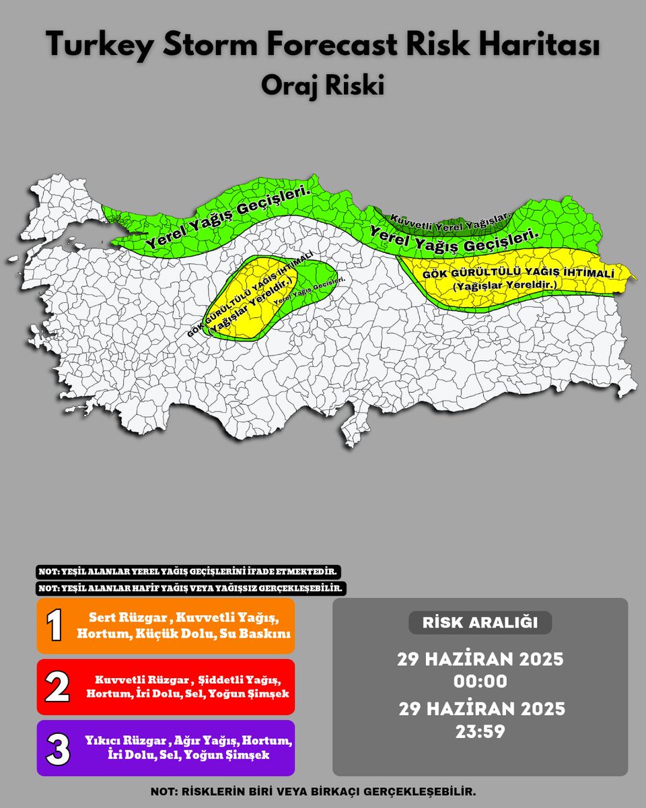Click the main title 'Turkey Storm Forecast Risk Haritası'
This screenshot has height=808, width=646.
tap(323, 46)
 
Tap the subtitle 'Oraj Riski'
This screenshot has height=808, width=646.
tap(323, 86)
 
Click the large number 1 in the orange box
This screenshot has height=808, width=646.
tap(55, 626)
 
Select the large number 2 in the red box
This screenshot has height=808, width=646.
tap(57, 687)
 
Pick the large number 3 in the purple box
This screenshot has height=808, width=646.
tap(57, 748)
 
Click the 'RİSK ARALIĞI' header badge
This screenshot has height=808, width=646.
tap(480, 623)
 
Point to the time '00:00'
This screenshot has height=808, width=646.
tap(480, 681)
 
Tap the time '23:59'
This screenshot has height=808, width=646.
tap(480, 731)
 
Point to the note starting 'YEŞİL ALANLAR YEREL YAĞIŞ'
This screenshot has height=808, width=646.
tap(188, 572)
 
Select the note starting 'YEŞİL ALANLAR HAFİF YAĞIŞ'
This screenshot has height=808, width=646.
tap(191, 588)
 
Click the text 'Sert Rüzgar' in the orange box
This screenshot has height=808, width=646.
tap(116, 618)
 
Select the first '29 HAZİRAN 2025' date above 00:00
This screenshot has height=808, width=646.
tap(480, 659)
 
